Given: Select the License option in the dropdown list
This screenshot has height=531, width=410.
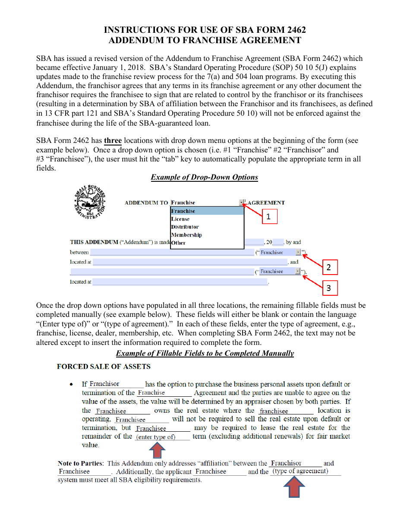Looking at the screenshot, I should pos(180,219).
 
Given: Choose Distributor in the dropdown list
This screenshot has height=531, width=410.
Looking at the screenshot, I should pos(185,227).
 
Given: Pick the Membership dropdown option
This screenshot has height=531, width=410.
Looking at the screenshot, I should pos(186,235).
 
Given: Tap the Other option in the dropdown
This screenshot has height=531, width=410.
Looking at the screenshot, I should pos(178,243).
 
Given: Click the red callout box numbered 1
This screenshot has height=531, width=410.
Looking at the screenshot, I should pos(268,217).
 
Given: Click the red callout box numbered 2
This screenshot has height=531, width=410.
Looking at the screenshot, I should pos(329,267).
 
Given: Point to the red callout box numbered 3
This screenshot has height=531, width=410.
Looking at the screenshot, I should pos(329,288).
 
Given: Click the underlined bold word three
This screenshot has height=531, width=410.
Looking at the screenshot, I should pos(113,141).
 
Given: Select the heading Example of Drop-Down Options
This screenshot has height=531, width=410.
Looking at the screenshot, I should pos(204,177).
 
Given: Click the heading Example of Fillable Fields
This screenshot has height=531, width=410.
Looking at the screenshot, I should pos(205,353).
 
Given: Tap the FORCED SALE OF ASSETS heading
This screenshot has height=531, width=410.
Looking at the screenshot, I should pos(104,367).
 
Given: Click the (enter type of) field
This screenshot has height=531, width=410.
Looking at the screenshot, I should pos(156,437).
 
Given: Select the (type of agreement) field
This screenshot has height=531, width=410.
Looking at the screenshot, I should pos(300,471).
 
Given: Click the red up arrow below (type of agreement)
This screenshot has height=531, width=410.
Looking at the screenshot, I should pos(294,487).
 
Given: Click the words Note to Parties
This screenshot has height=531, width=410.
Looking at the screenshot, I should pos(80,463).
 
